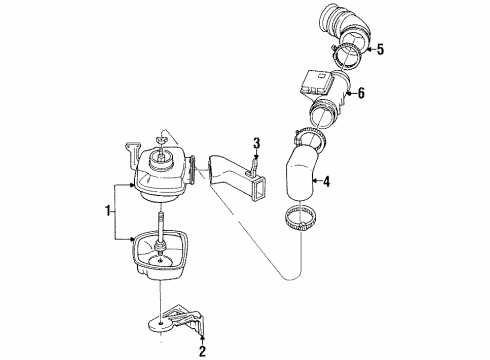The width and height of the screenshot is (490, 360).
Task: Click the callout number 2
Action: (x=201, y=351)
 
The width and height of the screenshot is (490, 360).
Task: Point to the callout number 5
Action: (x=378, y=48)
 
